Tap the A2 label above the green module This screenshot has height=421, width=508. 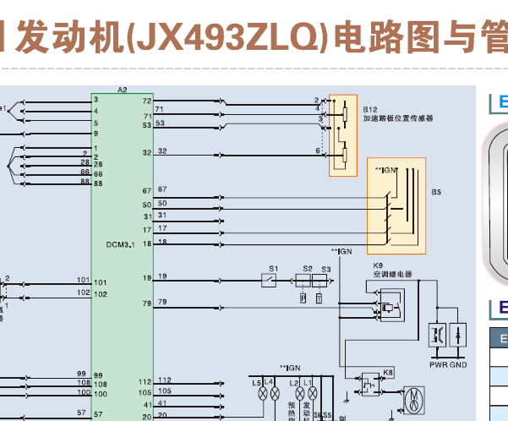(123, 89)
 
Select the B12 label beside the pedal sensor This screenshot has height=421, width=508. (369, 110)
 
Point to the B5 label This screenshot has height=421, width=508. (437, 193)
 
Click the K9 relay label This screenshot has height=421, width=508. (378, 265)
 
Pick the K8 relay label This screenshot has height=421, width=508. (388, 372)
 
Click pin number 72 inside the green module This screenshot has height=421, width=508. (146, 101)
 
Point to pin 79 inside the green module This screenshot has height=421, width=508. (146, 303)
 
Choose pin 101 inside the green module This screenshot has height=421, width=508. (101, 282)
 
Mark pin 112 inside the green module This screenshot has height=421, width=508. (145, 381)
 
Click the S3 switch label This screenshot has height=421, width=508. (326, 269)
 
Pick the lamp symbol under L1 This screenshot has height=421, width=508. (310, 395)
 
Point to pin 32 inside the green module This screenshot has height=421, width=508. (146, 153)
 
